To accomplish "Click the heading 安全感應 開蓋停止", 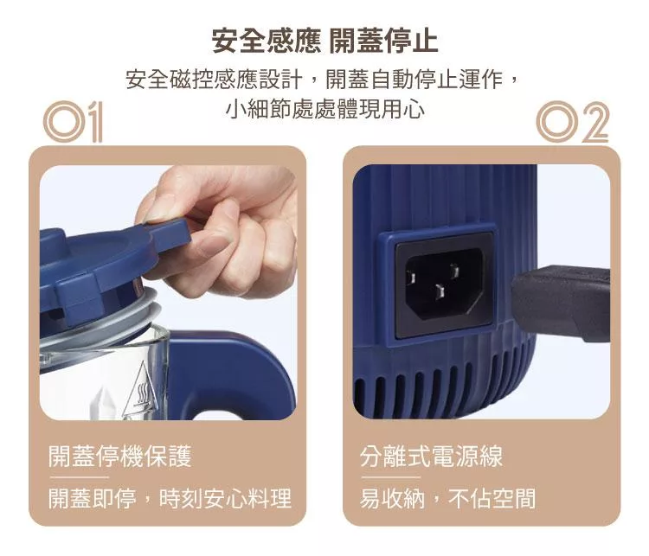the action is point(324,41).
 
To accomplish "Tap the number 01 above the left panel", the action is point(73,122).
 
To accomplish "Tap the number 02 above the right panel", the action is point(573,122).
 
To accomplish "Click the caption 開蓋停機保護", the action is point(120,456).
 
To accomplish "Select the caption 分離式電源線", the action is point(431,456).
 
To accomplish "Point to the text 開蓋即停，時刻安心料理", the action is point(170,498).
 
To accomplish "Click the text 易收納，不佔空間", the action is point(448,498).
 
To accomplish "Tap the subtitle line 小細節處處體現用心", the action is point(325,109).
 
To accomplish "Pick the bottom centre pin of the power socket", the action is point(440,293).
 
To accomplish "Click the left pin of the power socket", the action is point(411,278).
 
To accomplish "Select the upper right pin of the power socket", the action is point(454,271).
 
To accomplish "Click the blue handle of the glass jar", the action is point(232,373).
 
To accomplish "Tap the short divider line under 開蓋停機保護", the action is point(79,477).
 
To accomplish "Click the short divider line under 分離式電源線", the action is point(390,477).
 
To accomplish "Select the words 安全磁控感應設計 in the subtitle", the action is point(214,79).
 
